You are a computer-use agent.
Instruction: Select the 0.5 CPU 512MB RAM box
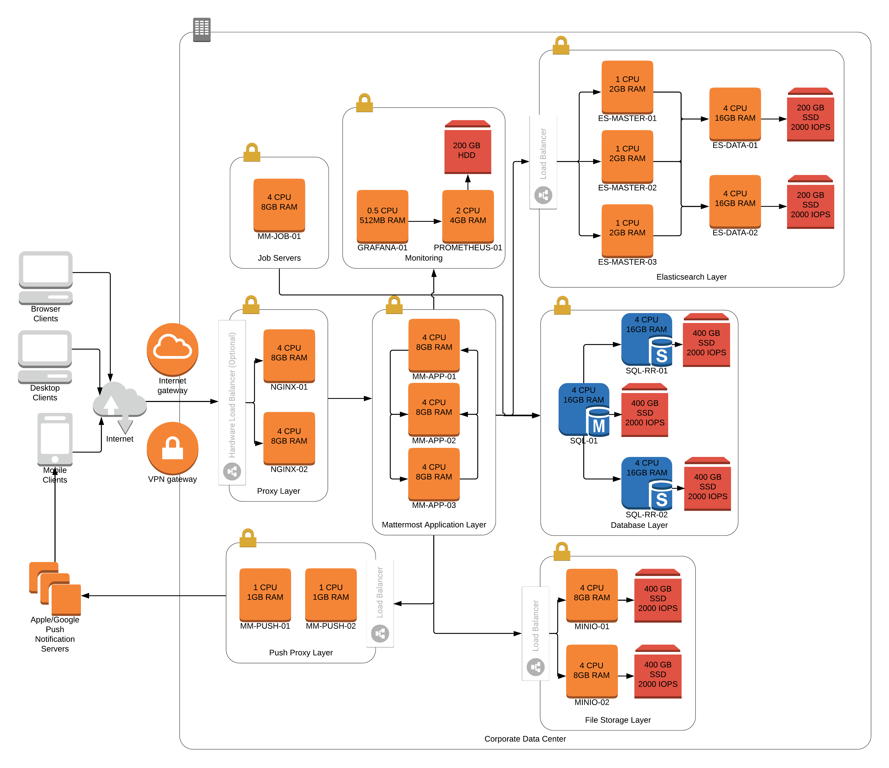[382, 216]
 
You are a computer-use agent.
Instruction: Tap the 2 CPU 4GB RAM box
[468, 216]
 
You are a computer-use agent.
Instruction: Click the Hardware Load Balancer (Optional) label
[232, 402]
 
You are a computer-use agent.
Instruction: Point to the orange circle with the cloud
[172, 349]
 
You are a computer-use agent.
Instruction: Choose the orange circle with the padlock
[172, 448]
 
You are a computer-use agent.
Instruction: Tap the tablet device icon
[55, 439]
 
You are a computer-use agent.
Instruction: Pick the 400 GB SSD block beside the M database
[645, 411]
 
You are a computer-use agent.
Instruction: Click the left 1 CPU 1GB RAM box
[265, 594]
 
